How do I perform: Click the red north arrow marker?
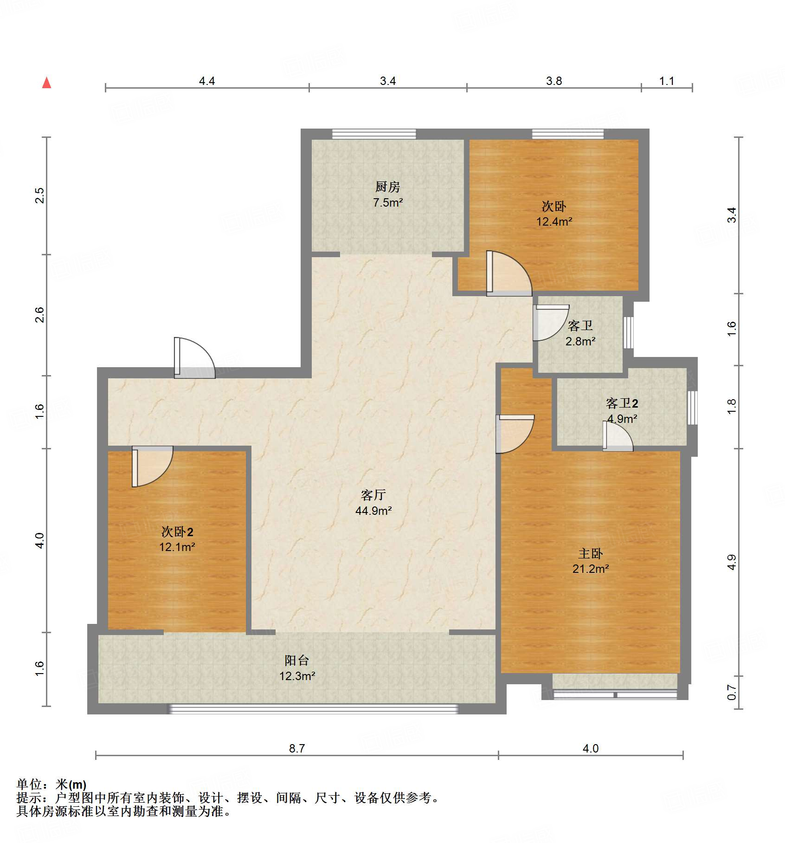[x=46, y=83]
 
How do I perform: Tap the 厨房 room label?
[x=387, y=187]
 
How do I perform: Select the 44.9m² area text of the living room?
[x=373, y=511]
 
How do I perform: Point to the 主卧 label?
[x=590, y=553]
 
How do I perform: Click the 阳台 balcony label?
[x=296, y=660]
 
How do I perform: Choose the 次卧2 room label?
[x=177, y=532]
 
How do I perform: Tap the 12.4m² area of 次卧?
[x=554, y=221]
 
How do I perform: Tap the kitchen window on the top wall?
[x=374, y=134]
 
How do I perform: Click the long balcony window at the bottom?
[x=313, y=709]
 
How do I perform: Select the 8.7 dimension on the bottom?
[x=297, y=748]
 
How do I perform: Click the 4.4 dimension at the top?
[x=206, y=81]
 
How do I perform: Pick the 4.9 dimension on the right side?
[x=732, y=563]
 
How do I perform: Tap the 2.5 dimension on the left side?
[x=40, y=195]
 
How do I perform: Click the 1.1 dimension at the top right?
[x=666, y=81]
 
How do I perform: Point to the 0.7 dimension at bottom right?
[x=732, y=693]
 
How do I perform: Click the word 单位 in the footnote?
[x=29, y=785]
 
